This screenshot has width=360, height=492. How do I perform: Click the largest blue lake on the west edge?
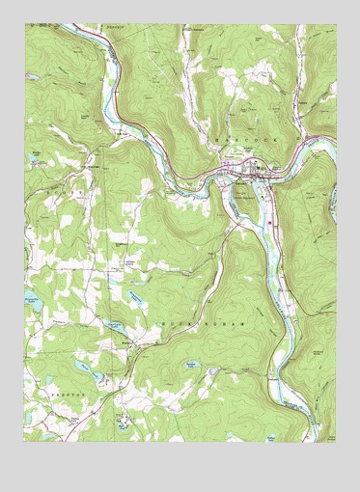35,291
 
